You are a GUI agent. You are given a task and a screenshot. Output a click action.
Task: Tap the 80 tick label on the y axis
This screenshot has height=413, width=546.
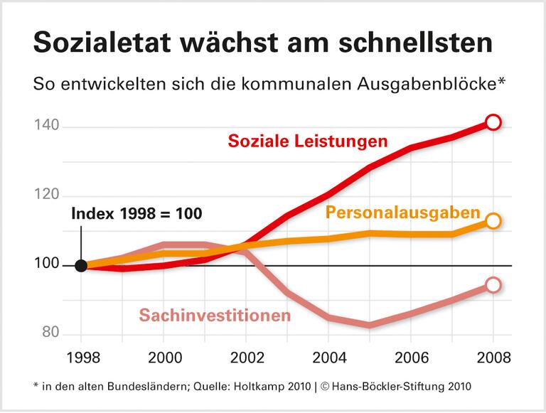[50, 334]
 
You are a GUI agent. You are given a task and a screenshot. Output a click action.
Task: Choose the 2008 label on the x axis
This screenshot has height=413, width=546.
[493, 357]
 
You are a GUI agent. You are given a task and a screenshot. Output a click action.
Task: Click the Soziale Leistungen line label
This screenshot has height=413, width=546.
[307, 141]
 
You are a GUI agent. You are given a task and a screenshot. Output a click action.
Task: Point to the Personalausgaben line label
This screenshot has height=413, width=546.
[403, 213]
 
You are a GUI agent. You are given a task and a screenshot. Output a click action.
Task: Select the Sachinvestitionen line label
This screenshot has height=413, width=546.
[215, 314]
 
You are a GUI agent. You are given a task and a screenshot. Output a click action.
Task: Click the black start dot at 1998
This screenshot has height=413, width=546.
[81, 266]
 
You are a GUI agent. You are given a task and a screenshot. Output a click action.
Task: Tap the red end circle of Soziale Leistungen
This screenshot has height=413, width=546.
[493, 122]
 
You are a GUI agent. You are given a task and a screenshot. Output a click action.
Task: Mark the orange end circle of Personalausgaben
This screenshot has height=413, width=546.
[493, 221]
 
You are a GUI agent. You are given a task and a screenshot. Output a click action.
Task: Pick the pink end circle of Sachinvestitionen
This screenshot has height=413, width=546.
[493, 285]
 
